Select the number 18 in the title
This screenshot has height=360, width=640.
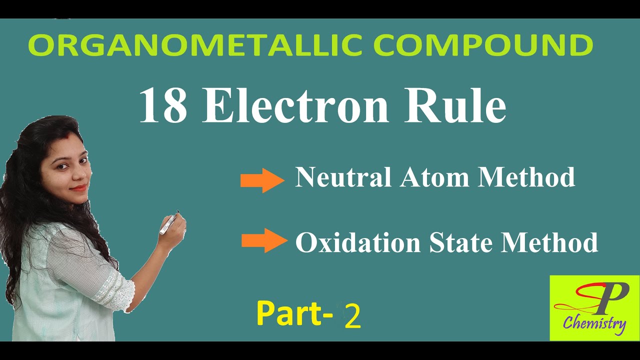[162, 106]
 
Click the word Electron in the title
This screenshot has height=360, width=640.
[295, 106]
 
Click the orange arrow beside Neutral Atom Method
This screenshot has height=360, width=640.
[261, 180]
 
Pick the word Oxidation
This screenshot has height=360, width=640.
[357, 243]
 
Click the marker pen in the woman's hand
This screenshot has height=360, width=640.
[169, 223]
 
